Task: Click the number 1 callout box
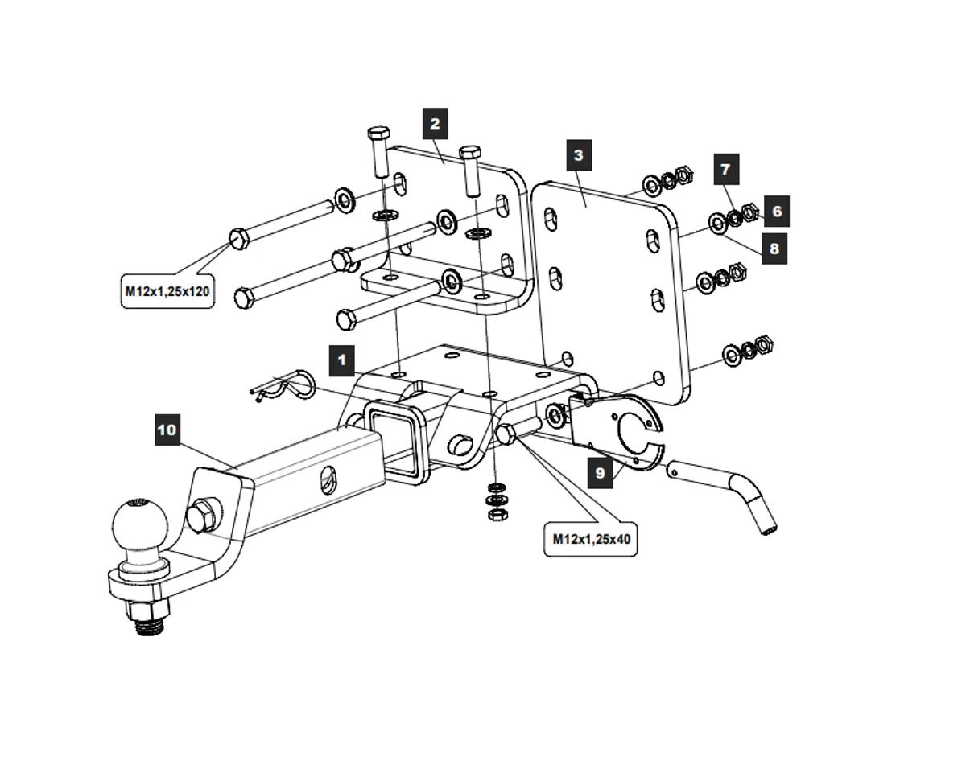pyautogui.click(x=342, y=360)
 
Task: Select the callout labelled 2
pyautogui.click(x=435, y=124)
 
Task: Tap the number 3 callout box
pyautogui.click(x=578, y=155)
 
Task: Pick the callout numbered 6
pyautogui.click(x=776, y=211)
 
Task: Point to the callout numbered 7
pyautogui.click(x=725, y=170)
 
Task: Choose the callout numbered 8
pyautogui.click(x=774, y=249)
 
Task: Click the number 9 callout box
pyautogui.click(x=600, y=473)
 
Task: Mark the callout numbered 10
pyautogui.click(x=167, y=430)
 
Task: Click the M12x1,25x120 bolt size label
pyautogui.click(x=167, y=291)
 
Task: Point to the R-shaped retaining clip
pyautogui.click(x=286, y=386)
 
